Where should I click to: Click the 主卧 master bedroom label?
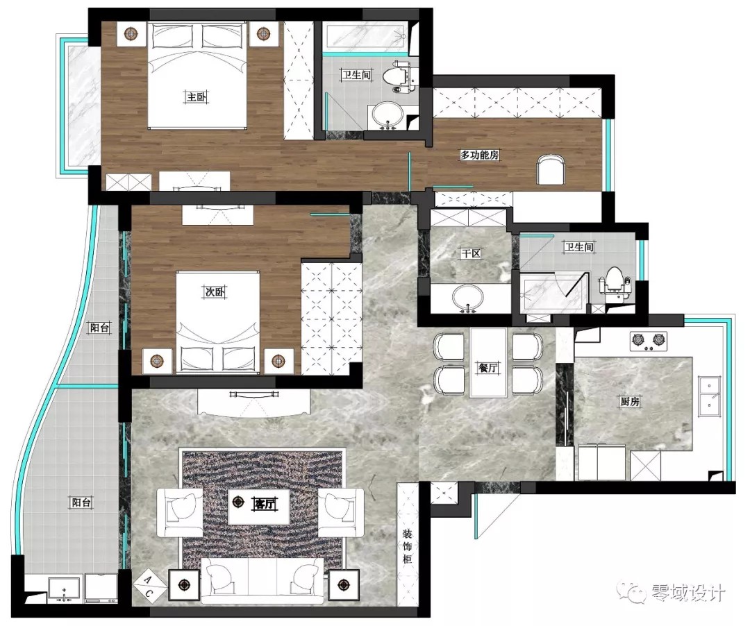pyautogui.click(x=196, y=97)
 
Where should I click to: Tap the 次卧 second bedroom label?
pyautogui.click(x=215, y=291)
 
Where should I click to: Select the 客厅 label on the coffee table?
pyautogui.click(x=265, y=503)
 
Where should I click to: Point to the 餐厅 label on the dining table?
pyautogui.click(x=488, y=367)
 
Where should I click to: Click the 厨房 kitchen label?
pyautogui.click(x=629, y=401)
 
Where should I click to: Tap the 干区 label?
pyautogui.click(x=471, y=253)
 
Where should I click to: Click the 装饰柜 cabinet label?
pyautogui.click(x=407, y=546)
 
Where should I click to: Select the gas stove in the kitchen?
pyautogui.click(x=648, y=341)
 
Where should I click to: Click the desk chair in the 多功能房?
pyautogui.click(x=550, y=169)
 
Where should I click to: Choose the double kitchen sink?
pyautogui.click(x=709, y=395)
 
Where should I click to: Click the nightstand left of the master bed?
pyautogui.click(x=131, y=34)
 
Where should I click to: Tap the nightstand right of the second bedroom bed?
pyautogui.click(x=279, y=361)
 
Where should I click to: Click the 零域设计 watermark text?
pyautogui.click(x=689, y=593)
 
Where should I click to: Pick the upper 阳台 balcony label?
pyautogui.click(x=99, y=328)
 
